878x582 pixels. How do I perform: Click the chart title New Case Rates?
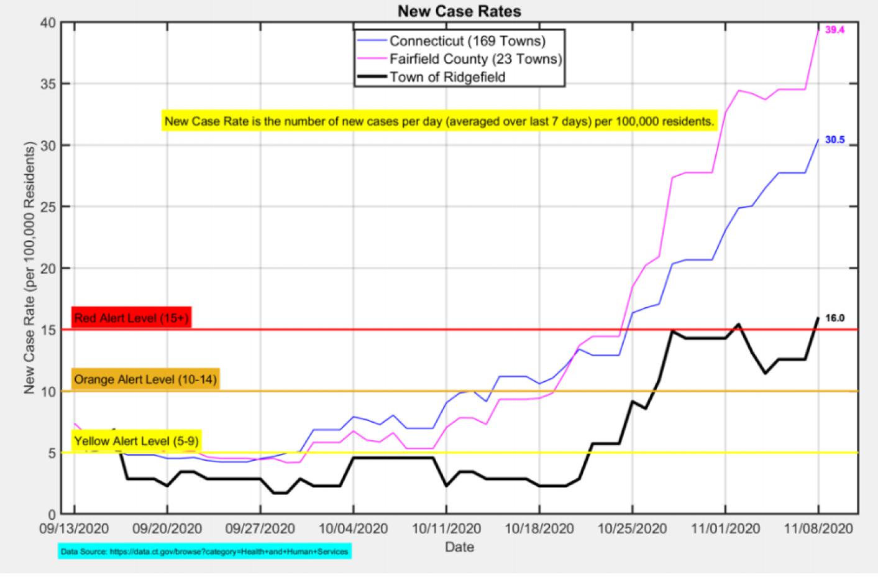point(459,11)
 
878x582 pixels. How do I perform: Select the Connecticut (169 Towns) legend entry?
point(467,41)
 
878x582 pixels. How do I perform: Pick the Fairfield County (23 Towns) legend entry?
point(475,59)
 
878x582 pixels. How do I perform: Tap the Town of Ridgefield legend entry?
point(447,77)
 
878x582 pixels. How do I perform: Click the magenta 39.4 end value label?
point(835,30)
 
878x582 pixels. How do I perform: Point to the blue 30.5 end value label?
point(835,141)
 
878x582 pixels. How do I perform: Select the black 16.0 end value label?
point(835,318)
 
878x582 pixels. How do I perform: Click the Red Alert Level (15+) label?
point(131,318)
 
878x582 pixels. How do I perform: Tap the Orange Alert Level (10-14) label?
point(145,379)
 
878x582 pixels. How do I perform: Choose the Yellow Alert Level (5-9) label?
point(137,441)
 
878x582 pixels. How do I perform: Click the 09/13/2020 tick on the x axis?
point(75,529)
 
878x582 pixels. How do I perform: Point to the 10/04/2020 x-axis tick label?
point(354,529)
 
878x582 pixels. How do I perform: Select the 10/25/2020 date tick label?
point(632,529)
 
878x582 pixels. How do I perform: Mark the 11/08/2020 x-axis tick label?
point(818,529)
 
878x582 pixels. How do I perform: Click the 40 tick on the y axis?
point(48,23)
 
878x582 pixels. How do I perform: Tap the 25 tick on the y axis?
point(48,207)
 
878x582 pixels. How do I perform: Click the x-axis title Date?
point(459,547)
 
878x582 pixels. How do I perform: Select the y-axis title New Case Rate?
point(29,267)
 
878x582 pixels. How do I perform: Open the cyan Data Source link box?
point(205,552)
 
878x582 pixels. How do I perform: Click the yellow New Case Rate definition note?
point(439,121)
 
